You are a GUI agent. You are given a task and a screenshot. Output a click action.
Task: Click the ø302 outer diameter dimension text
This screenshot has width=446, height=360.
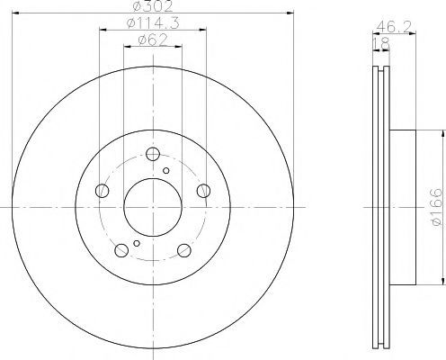(x=153, y=6)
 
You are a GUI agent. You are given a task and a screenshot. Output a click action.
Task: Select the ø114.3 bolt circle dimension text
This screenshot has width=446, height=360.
(x=153, y=23)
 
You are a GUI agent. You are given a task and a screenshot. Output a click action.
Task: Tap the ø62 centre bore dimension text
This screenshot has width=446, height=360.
(x=153, y=40)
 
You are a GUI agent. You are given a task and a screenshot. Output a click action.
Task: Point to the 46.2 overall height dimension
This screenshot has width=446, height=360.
(x=393, y=27)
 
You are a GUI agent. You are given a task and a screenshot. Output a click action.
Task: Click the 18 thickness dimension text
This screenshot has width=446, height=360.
(x=381, y=44)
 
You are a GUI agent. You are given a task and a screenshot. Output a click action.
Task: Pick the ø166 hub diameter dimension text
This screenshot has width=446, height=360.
(x=436, y=207)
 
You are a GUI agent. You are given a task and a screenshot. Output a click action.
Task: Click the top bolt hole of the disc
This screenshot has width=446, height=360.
(x=153, y=154)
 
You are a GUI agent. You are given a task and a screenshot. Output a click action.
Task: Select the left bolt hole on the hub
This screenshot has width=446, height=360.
(x=102, y=191)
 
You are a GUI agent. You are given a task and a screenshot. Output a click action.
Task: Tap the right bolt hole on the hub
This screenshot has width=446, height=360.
(x=203, y=191)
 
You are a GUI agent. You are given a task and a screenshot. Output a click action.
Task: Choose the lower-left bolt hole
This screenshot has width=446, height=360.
(x=121, y=250)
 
